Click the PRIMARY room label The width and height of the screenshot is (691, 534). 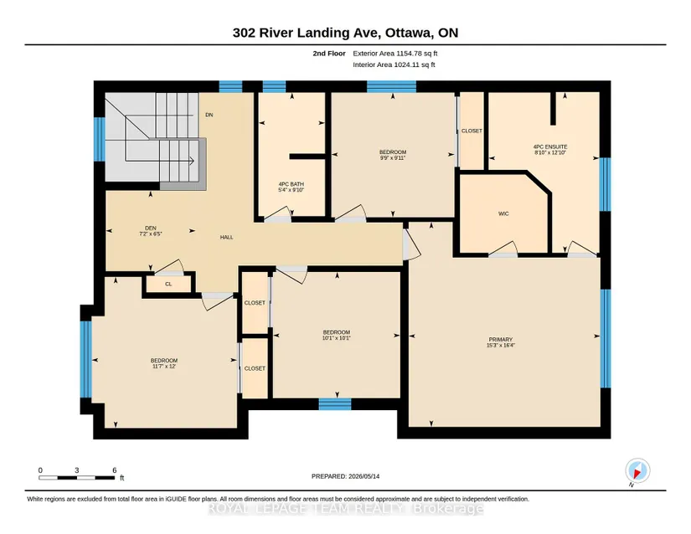tap(501, 340)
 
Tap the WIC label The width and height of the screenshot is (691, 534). tap(503, 213)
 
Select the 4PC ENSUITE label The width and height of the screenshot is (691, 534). tap(550, 146)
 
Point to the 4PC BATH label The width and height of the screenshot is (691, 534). tap(291, 184)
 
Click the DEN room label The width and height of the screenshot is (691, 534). tap(151, 228)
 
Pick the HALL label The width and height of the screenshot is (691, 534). tap(226, 237)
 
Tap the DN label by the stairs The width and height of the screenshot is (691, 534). tap(209, 115)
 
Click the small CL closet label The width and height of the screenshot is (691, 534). tap(168, 284)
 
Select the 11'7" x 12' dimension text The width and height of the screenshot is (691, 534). tap(164, 367)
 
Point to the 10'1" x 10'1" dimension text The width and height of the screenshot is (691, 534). tap(337, 338)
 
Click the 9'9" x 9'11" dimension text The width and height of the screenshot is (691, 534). tap(393, 157)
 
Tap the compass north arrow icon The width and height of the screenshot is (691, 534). tap(637, 470)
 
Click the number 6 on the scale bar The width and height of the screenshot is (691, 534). tap(115, 470)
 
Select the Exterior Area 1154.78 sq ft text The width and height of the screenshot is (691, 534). tap(395, 54)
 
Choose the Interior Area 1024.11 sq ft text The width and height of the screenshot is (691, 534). tap(394, 64)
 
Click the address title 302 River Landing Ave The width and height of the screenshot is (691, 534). tap(307, 33)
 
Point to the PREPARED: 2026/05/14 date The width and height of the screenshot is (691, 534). tap(345, 476)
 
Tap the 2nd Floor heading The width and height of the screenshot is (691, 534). tap(329, 54)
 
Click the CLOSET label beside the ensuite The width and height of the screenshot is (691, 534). tap(472, 131)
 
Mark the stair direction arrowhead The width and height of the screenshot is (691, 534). tap(192, 162)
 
